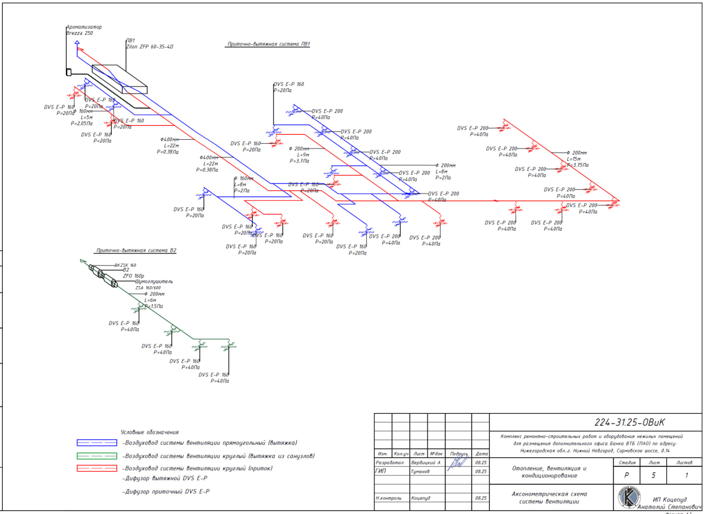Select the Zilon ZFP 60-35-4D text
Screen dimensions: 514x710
150,47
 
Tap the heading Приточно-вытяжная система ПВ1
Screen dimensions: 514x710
268,44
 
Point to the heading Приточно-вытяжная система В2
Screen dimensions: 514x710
136,251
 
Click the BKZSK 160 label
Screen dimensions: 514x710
125,265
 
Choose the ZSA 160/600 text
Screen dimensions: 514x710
148,288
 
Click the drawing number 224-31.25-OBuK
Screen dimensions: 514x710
629,423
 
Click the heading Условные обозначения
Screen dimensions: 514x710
150,432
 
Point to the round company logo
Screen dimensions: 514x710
630,497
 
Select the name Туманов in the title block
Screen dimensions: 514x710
420,471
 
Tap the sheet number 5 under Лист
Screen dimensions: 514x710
653,475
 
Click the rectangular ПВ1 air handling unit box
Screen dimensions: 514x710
120,79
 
